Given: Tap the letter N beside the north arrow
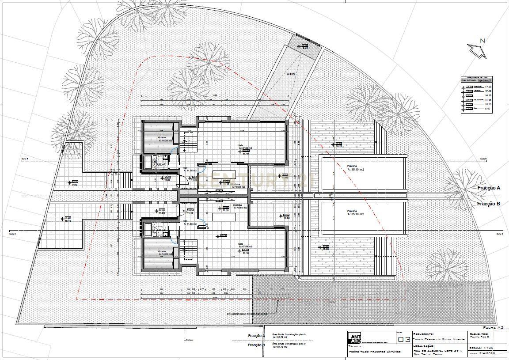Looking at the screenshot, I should [482, 41].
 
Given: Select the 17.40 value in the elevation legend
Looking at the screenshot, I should [488, 87].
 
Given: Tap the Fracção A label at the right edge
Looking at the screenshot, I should [488, 188].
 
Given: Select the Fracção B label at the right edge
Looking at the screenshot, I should [488, 204].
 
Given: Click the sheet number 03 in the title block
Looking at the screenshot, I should [403, 340].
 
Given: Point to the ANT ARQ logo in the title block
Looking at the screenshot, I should [354, 337].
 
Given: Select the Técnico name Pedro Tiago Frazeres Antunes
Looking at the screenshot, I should [374, 352].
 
